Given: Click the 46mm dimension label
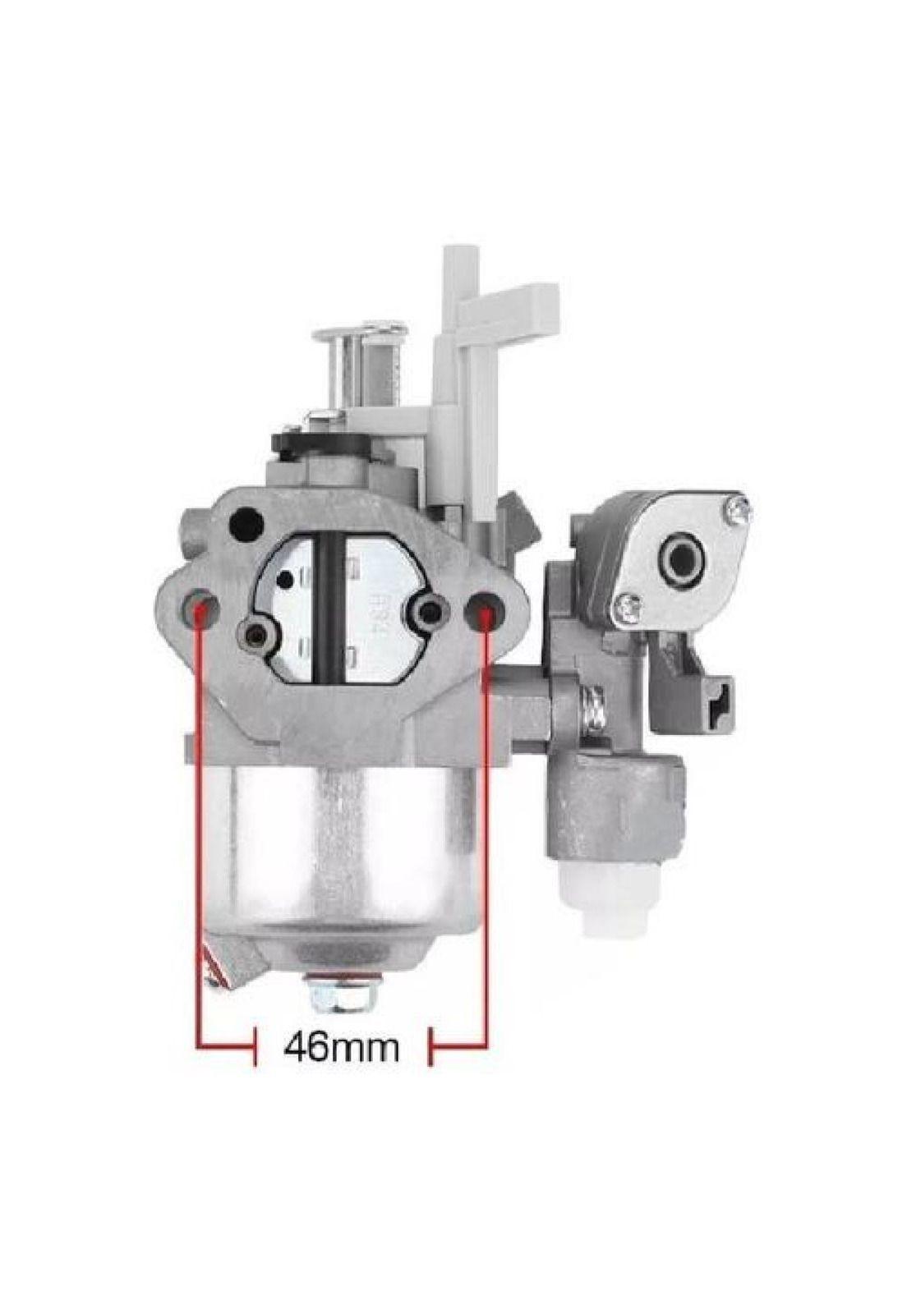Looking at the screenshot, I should click(x=343, y=1046).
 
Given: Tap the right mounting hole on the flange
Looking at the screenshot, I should click(x=483, y=611).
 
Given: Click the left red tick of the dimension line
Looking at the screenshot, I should click(x=227, y=1048).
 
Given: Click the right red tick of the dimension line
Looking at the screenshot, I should click(x=458, y=1048).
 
